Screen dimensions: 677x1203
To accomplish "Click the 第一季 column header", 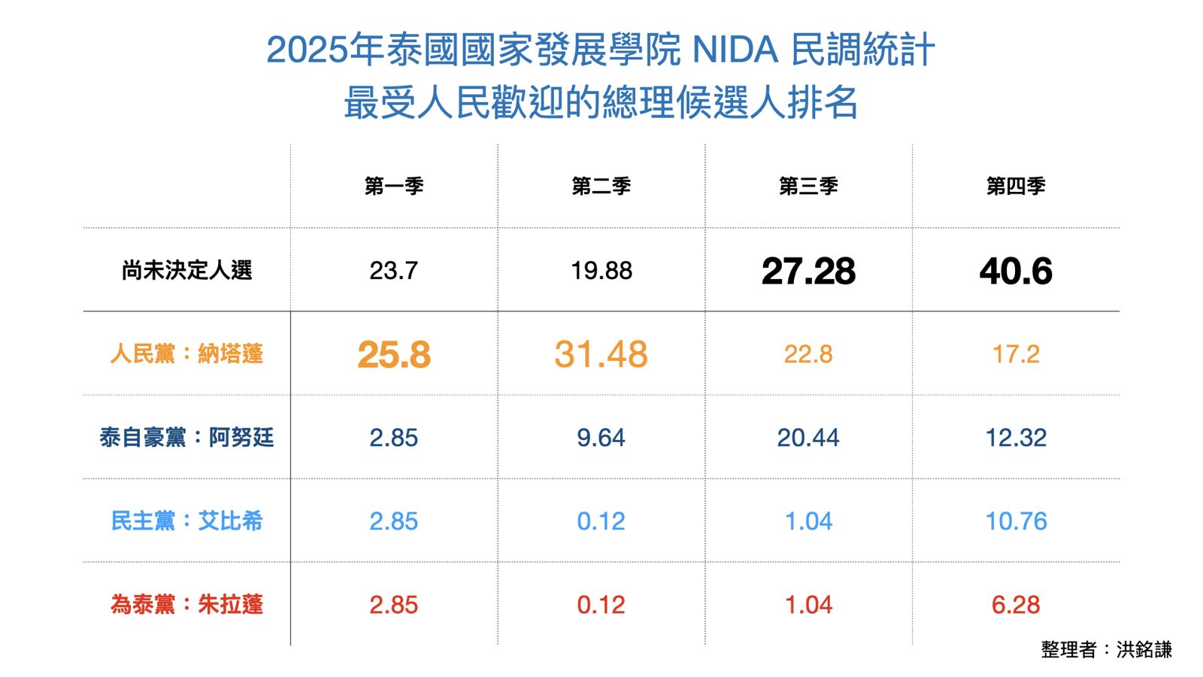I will [x=394, y=186].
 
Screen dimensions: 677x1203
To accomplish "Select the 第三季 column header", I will [x=808, y=186].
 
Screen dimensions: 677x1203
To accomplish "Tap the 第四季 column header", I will [x=1016, y=186].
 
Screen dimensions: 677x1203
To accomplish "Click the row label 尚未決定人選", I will [x=186, y=270].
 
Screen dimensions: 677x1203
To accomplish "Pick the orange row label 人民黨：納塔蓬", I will [x=186, y=354].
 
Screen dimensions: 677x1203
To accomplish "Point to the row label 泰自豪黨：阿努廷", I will [x=186, y=437].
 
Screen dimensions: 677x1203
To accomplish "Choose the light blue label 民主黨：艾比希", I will [x=186, y=521].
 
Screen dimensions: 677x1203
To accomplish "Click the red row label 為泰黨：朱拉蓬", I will [x=186, y=604].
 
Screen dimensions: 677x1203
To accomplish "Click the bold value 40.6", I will [x=1016, y=271].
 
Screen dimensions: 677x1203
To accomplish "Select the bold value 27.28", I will [x=808, y=271].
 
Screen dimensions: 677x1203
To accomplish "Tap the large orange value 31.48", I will [x=601, y=354].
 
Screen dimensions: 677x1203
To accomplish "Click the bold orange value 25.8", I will [x=394, y=354].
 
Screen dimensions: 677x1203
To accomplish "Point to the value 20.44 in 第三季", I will [x=808, y=438].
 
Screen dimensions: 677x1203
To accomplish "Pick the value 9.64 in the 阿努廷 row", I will [x=601, y=438].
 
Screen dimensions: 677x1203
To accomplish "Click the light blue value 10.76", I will [x=1016, y=521].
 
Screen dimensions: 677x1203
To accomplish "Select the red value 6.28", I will [x=1016, y=605].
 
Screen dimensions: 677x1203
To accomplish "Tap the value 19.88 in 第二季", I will [x=601, y=271].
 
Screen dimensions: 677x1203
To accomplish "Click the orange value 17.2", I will [x=1016, y=354].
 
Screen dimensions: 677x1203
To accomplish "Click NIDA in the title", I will [x=735, y=50].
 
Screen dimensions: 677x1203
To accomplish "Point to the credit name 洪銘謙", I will [x=1144, y=649].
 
